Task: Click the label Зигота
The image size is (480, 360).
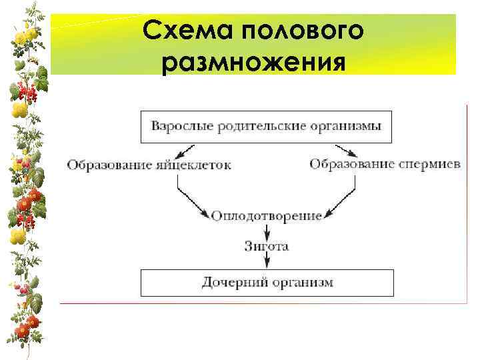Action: click(267, 247)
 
